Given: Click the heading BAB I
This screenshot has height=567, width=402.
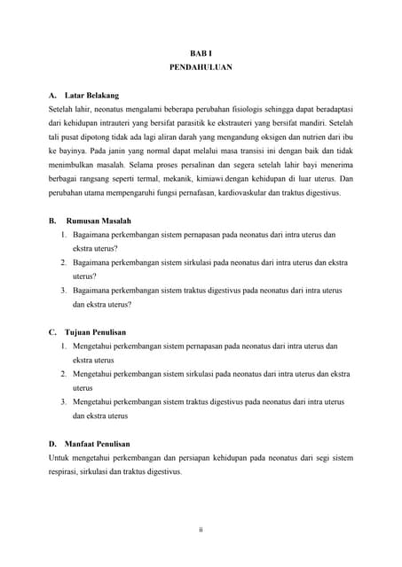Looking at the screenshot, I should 201,53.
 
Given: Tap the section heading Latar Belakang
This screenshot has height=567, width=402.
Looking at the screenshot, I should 91,95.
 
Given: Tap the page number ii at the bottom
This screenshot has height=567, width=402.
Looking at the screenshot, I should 201,530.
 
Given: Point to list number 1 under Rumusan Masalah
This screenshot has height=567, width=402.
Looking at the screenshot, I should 64,235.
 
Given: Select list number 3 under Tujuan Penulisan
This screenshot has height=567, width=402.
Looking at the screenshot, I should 64,401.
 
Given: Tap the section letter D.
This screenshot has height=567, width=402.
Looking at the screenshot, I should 52,443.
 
